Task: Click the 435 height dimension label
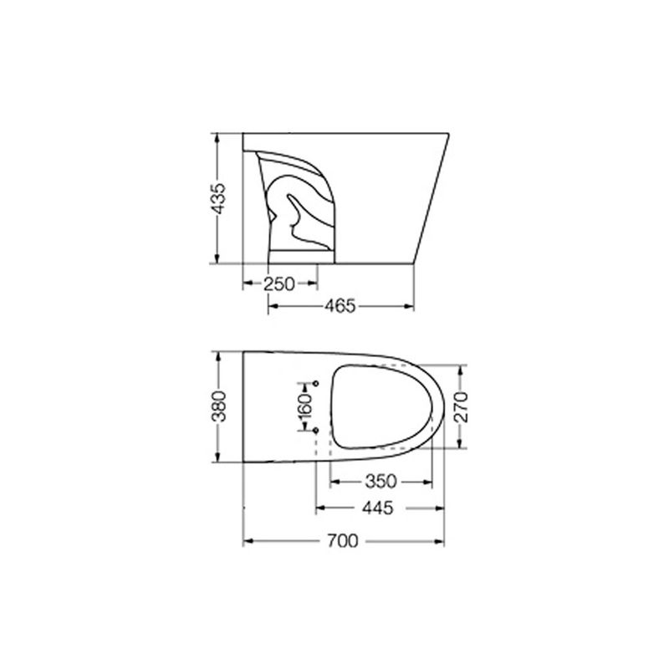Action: pos(219,198)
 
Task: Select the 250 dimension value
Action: pos(279,284)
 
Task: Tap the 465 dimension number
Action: pos(340,306)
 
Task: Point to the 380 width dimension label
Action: pos(219,406)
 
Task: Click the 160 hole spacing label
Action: pos(305,407)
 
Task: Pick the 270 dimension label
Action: pos(461,407)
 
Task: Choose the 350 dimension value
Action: pos(381,482)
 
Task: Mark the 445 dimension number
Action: pos(378,508)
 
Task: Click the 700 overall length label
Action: pos(343,541)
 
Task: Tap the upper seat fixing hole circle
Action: pos(316,384)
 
